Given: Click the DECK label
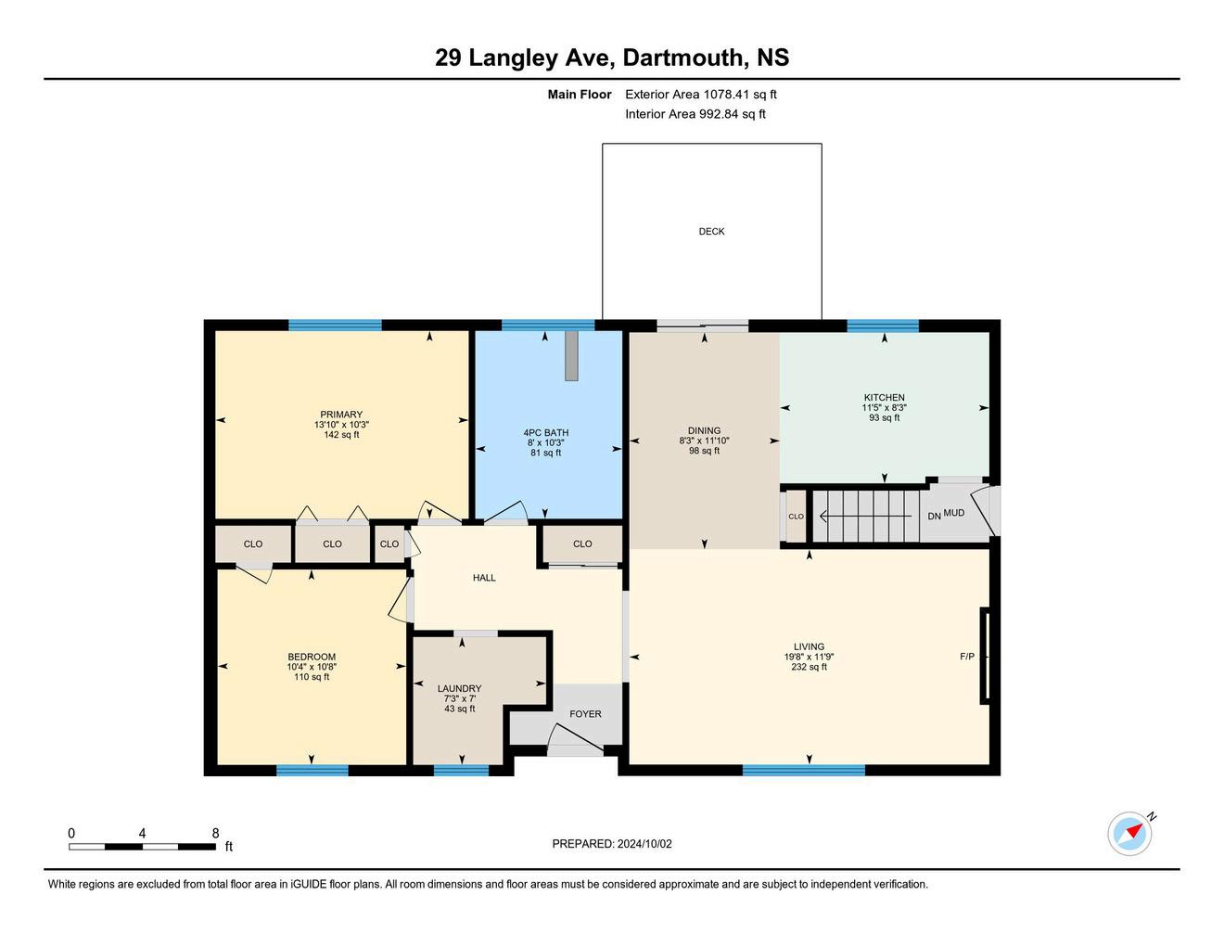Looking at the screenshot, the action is coord(711,232).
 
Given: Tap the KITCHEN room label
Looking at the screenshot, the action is coord(885,398).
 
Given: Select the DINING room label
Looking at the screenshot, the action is coord(704,430).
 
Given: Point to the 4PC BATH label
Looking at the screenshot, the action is coord(546,433).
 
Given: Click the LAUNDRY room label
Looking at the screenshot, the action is coord(460,688).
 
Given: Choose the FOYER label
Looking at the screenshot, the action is coord(585,714).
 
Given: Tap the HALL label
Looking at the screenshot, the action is coord(484,578).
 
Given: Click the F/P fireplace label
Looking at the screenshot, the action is coord(967,657).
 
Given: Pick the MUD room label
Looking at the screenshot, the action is coord(953,513).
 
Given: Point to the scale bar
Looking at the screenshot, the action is coord(143,847).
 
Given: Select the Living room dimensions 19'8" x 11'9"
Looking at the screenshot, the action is coord(809,657).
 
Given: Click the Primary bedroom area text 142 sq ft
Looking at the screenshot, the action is coord(341,435).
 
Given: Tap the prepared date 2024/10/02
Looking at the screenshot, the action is coord(644,844).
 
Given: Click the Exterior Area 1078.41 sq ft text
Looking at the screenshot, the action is coord(701,95).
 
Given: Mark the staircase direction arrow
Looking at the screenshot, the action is coord(865,516).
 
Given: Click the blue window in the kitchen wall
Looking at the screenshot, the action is coord(883,326).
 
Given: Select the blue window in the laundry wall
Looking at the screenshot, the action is coord(462,770).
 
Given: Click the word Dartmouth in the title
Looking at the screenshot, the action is coord(682,58).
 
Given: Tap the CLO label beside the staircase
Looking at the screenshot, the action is coord(796,517).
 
